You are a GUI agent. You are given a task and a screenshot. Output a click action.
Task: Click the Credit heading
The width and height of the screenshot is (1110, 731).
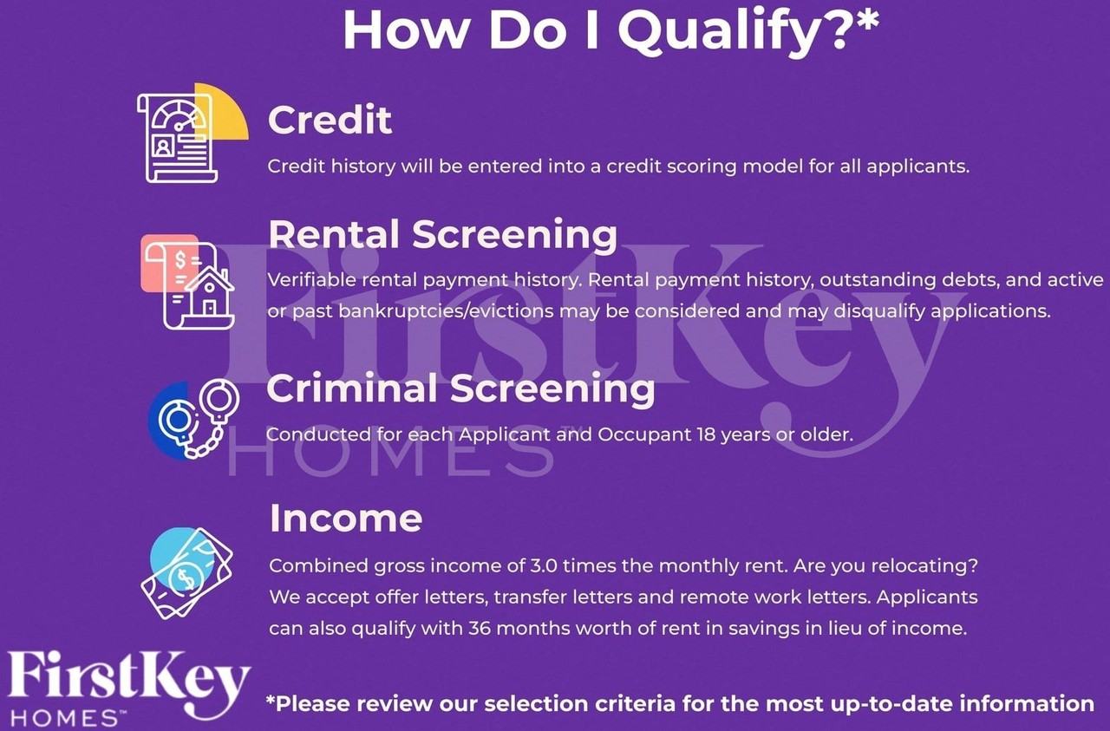(x=330, y=120)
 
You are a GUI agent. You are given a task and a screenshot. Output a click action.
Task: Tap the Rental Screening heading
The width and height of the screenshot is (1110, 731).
(x=443, y=234)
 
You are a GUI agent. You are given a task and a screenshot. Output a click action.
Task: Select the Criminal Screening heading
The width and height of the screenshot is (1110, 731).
(x=460, y=388)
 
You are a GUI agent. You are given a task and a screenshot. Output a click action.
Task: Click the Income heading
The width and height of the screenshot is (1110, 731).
(x=346, y=519)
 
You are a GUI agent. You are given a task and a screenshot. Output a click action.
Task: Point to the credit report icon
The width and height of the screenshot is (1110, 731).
(x=193, y=133)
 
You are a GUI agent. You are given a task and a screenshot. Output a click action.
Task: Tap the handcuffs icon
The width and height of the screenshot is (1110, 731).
(x=194, y=420)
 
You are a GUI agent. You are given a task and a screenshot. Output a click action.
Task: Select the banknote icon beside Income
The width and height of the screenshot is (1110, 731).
(x=187, y=573)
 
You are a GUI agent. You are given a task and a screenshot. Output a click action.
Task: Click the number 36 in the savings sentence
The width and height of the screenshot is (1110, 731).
(x=480, y=629)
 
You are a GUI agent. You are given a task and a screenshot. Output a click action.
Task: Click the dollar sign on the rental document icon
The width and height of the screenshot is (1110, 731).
(x=180, y=259)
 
